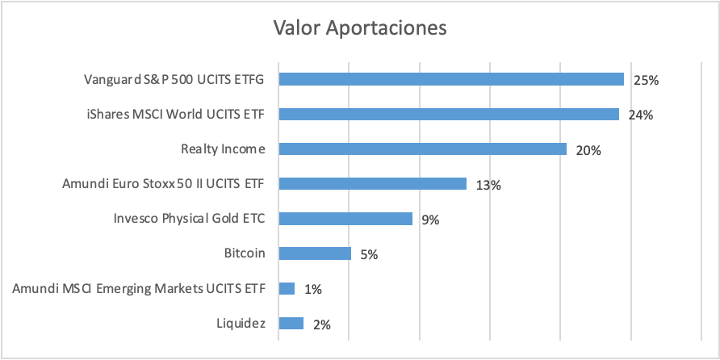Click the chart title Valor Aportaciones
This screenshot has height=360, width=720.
[x=359, y=27]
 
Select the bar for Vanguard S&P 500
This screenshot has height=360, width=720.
[x=451, y=79]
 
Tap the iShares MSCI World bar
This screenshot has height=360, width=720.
[x=449, y=114]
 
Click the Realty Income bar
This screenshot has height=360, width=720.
[x=422, y=149]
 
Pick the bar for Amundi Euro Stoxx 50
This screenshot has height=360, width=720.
[x=372, y=184]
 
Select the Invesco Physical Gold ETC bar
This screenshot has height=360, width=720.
[x=345, y=219]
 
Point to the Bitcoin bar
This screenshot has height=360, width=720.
[x=315, y=253]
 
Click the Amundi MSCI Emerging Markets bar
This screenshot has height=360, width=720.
[x=287, y=288]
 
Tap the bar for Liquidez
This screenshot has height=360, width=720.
[x=291, y=323]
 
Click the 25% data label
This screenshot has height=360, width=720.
[x=646, y=81]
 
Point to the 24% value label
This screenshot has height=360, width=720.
[x=641, y=115]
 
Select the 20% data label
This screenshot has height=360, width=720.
[x=588, y=150]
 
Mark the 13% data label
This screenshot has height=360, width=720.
[x=488, y=185]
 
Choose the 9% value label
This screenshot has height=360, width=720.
[x=430, y=220]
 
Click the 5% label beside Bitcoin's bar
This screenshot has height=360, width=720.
[x=369, y=255]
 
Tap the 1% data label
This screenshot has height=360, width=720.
[x=312, y=290]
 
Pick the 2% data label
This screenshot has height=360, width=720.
[x=322, y=324]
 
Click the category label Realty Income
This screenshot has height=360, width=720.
[x=223, y=149]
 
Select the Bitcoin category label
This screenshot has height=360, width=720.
[x=245, y=253]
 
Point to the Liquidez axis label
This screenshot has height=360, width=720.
[x=241, y=323]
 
